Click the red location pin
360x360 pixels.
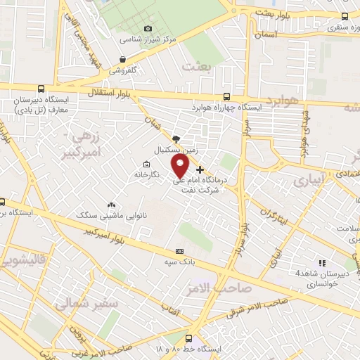point(181,166)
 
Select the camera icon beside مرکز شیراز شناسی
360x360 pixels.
point(148,29)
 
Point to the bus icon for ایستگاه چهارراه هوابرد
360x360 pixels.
point(227,98)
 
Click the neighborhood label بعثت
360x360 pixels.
point(196,65)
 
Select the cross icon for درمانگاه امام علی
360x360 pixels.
point(200,169)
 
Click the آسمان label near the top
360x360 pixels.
point(267,33)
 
